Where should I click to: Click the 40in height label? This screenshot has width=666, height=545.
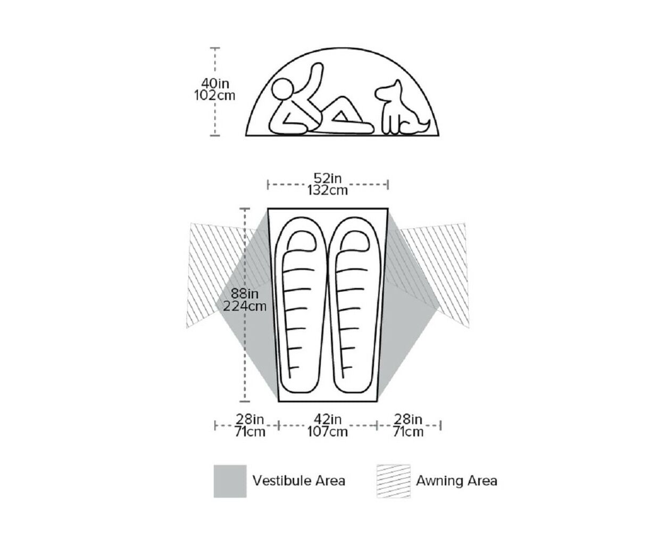215,84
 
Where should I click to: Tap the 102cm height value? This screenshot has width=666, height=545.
215,95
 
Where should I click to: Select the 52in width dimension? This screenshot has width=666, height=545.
328,178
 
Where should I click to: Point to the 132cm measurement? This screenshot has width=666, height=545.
328,190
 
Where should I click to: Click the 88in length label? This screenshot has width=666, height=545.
244,293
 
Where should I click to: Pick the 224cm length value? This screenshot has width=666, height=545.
244,306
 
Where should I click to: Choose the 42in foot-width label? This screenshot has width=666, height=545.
328,419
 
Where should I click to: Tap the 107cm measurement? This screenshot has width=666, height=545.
328,432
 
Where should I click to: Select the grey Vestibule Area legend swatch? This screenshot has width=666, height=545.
230,481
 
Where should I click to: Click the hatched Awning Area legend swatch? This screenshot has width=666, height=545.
394,481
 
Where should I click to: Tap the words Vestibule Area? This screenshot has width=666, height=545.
299,481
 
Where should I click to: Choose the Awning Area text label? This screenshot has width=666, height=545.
456,481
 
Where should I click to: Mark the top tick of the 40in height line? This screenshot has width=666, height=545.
215,48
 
